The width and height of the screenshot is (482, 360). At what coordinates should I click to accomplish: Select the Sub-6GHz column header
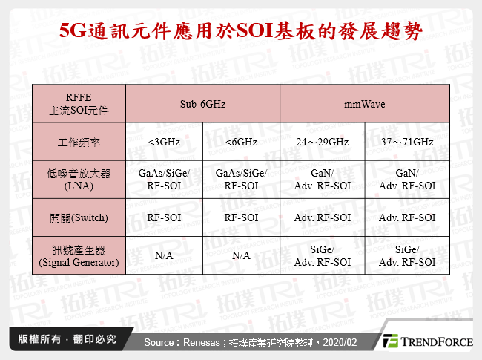[202, 104]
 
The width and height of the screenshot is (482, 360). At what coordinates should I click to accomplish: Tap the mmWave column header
[364, 104]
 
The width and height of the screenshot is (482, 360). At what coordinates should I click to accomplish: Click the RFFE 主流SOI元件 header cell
[79, 104]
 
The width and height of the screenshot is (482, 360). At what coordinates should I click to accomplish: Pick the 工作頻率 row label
[79, 141]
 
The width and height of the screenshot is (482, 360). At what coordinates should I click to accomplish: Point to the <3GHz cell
[164, 141]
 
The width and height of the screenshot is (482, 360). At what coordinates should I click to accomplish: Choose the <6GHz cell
[241, 141]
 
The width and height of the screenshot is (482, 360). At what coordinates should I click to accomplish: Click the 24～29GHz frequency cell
[323, 141]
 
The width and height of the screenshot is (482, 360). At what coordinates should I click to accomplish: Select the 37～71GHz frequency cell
[406, 141]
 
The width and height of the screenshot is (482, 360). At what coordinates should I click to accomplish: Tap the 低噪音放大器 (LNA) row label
[79, 180]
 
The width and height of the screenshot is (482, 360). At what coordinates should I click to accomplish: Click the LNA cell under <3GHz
[164, 180]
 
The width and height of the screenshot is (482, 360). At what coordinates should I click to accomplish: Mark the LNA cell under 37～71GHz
[406, 180]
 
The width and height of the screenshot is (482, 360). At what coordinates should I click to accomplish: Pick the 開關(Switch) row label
[79, 217]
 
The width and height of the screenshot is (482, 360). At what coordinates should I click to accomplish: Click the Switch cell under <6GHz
[241, 217]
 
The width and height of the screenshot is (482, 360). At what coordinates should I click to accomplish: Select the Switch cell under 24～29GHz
[323, 217]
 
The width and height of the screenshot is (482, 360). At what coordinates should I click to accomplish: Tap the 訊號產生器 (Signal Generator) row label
[79, 255]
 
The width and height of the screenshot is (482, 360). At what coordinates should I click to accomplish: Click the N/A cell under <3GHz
[164, 255]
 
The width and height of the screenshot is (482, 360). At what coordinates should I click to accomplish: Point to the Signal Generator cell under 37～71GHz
[406, 255]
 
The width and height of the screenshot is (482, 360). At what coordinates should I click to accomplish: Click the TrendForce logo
[427, 341]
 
